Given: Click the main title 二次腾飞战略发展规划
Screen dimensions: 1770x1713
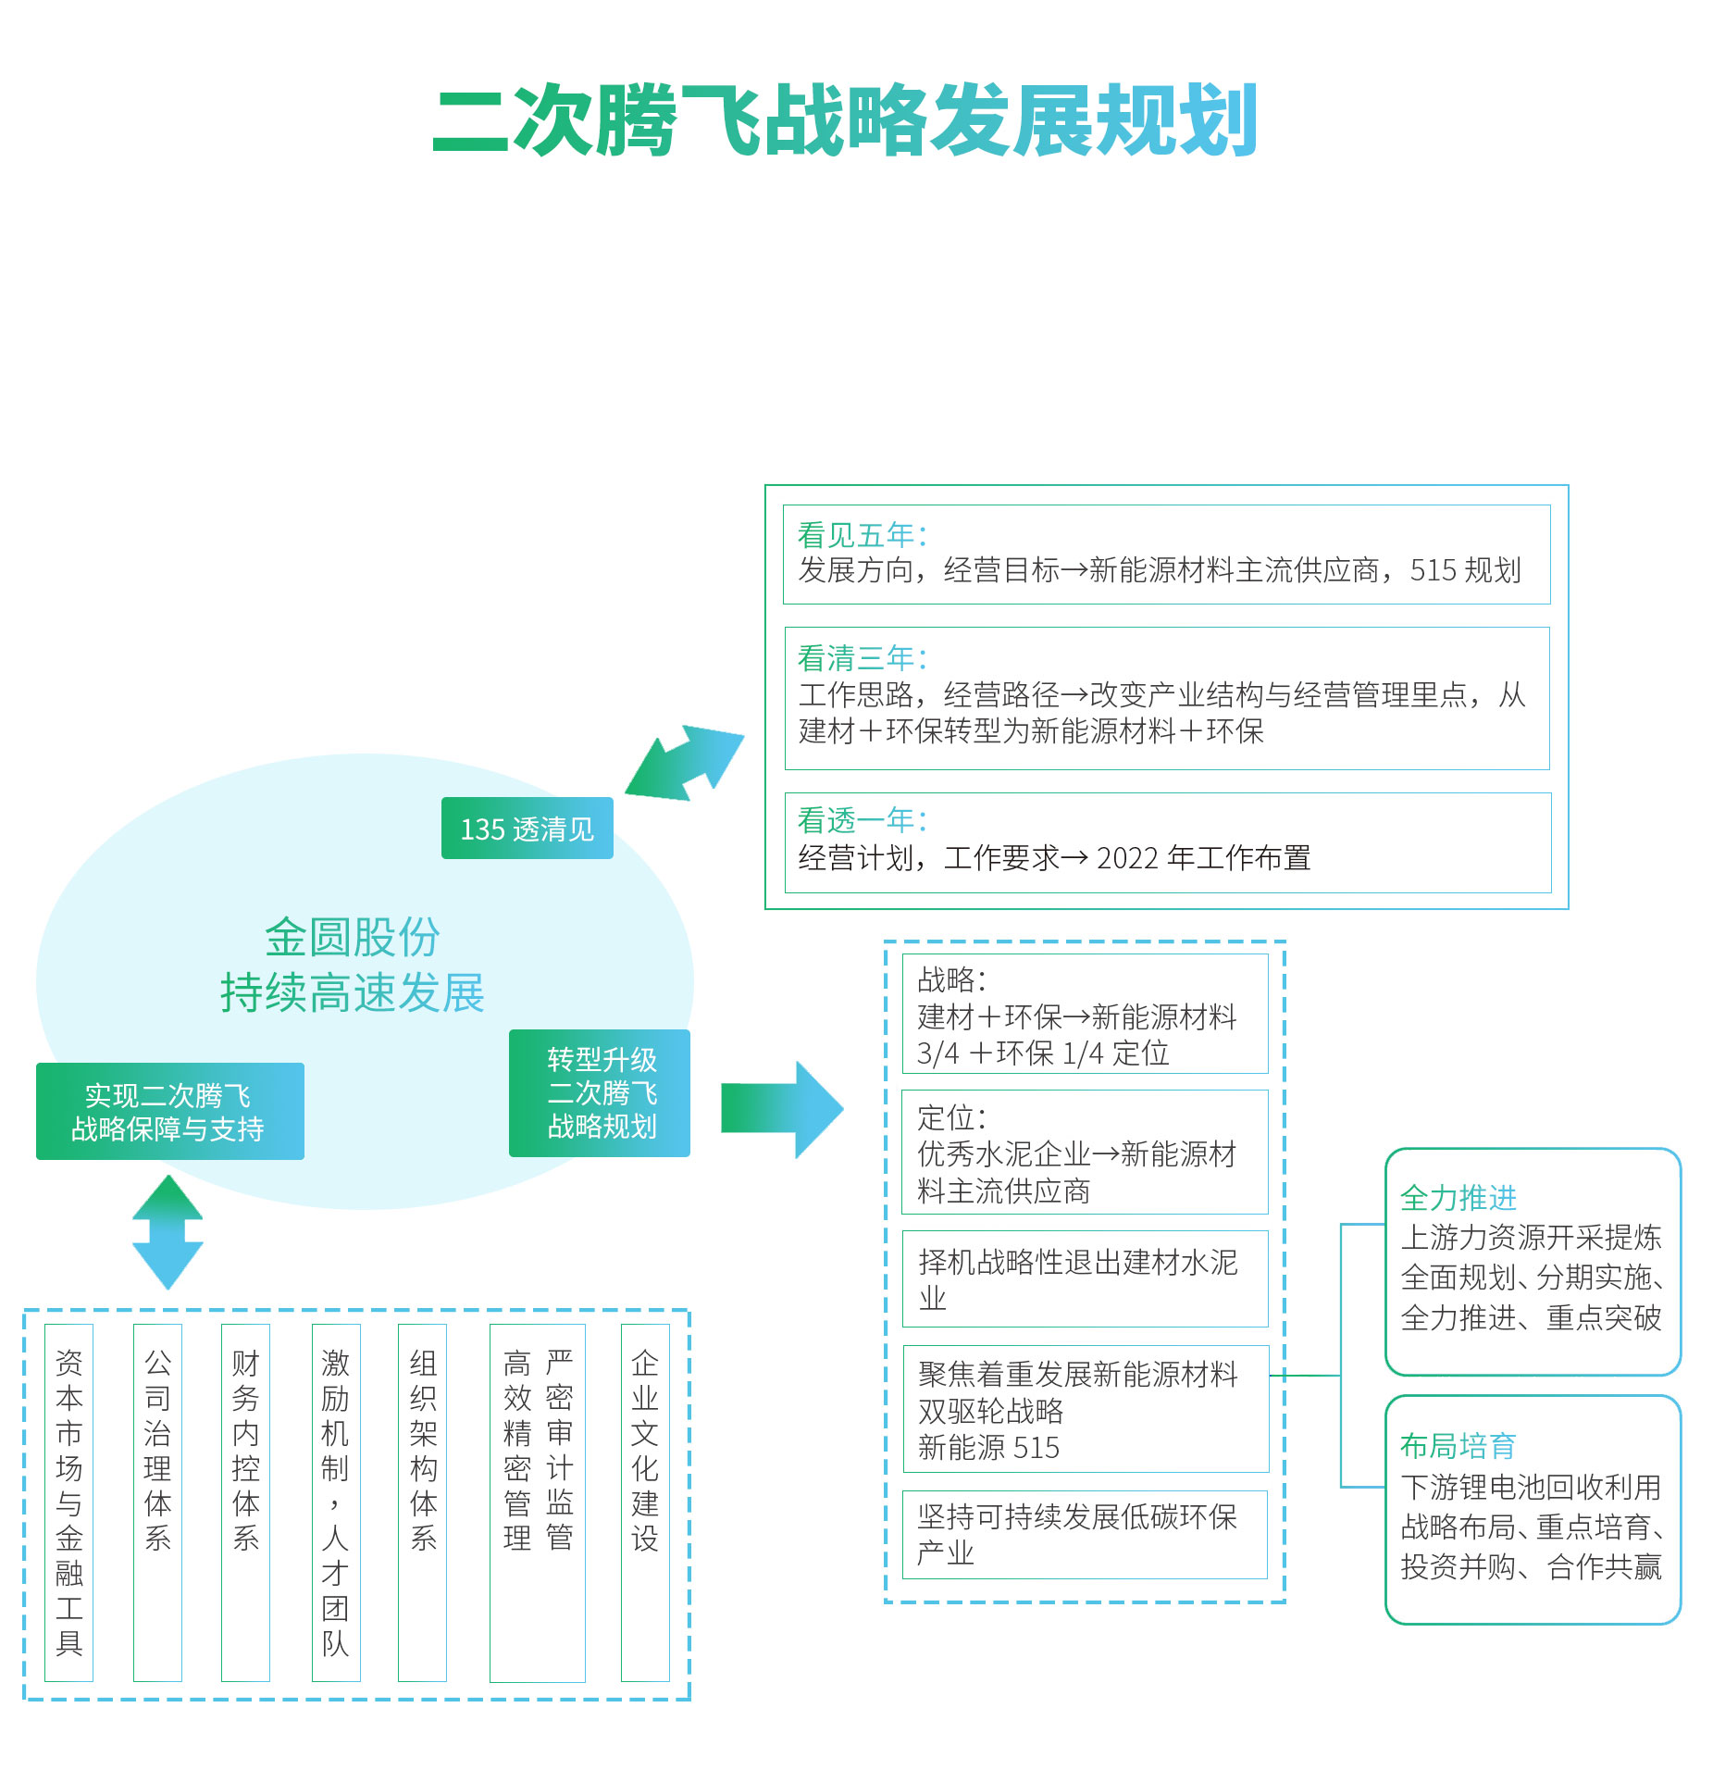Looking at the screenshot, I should [845, 121].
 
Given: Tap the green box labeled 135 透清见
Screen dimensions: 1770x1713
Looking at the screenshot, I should [527, 829].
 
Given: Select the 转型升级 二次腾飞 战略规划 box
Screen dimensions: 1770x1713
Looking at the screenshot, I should [600, 1093].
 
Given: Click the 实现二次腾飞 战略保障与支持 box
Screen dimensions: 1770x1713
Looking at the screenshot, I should [169, 1112].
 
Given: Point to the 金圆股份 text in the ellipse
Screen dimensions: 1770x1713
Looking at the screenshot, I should [352, 938].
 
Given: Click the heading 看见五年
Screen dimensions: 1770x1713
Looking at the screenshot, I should [861, 535].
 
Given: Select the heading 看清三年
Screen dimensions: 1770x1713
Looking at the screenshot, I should [861, 658].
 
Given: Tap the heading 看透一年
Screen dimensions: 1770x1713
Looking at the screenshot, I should [861, 820].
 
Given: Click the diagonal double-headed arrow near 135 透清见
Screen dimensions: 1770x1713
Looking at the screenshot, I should [685, 763].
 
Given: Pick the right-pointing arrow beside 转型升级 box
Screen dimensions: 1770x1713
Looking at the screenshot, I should [782, 1109].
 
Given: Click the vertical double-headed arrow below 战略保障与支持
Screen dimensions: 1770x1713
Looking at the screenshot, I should [168, 1232].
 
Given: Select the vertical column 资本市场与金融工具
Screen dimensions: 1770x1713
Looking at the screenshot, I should [69, 1502].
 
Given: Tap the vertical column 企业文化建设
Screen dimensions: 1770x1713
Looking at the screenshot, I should [645, 1450].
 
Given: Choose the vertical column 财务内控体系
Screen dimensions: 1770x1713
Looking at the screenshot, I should [245, 1450].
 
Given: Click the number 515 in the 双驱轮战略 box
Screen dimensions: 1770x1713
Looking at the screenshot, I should [1036, 1448].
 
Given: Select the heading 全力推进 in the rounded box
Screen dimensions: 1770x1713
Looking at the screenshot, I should [1458, 1198].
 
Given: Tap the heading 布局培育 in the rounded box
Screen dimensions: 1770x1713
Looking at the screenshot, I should [1458, 1445].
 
